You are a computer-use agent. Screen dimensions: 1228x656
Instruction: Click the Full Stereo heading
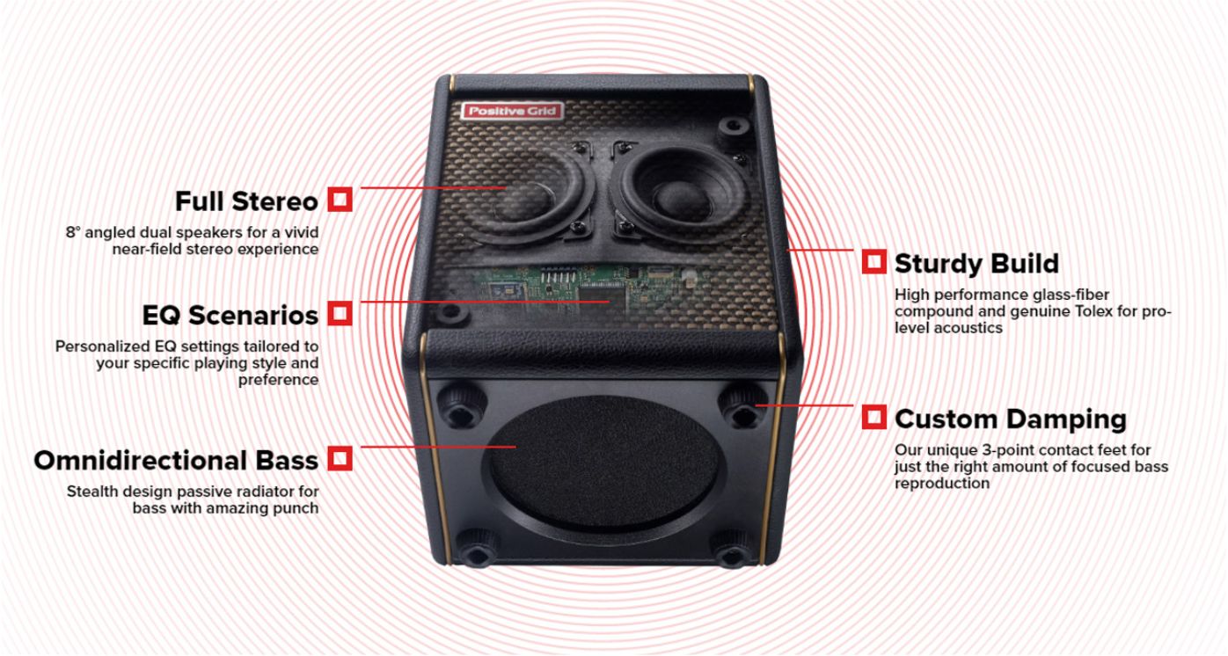246,201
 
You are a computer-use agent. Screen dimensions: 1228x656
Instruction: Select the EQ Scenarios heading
230,315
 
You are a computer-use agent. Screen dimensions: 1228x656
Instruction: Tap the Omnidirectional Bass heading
176,461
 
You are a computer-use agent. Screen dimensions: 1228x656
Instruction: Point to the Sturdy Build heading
976,264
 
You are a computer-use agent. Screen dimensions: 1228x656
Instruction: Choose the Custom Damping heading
1011,419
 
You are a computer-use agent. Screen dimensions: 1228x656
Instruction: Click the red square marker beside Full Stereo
340,199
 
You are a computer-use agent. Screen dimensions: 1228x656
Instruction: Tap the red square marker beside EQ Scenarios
340,312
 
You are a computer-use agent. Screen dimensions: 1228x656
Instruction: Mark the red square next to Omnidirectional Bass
340,458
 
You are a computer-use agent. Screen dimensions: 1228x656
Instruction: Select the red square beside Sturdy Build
873,261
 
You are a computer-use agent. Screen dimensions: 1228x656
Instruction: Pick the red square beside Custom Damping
873,417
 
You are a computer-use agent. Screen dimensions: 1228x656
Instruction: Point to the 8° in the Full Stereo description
73,233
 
